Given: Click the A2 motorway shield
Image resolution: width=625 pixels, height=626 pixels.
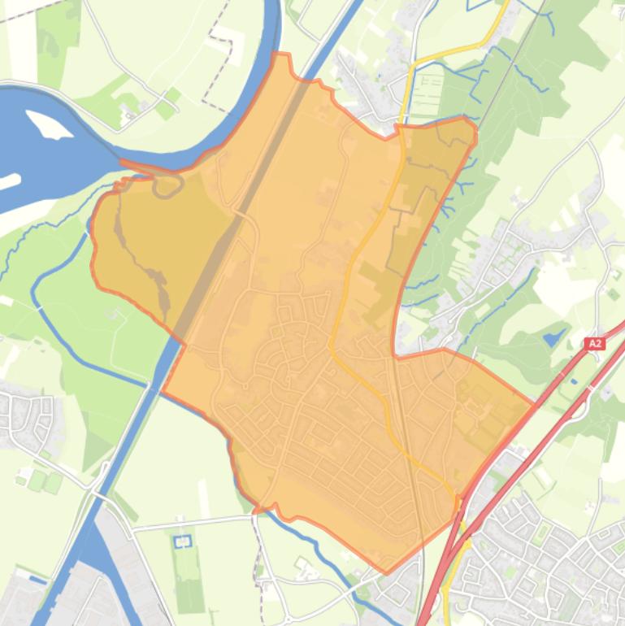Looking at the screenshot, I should tap(595, 344).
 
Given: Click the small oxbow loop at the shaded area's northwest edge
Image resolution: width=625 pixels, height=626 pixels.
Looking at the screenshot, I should tap(167, 186).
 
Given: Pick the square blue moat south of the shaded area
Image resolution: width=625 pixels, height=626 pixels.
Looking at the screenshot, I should tap(182, 540).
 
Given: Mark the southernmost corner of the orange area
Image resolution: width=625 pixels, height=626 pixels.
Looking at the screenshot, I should tap(386, 572).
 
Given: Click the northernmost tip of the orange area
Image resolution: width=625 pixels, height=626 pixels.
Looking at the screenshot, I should tap(282, 54).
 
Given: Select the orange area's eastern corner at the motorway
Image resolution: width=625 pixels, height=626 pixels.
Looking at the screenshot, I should tap(534, 403).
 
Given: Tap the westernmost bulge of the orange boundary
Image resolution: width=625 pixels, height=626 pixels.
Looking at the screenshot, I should tap(93, 244).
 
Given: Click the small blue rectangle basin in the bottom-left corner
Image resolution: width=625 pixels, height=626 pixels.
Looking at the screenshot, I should tap(36, 580).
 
